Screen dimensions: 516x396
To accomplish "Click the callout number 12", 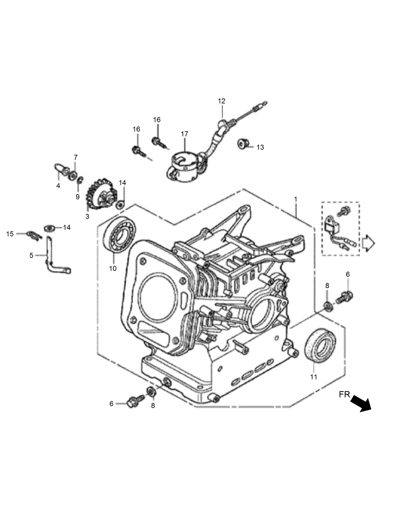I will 222,101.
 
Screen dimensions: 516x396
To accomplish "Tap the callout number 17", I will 184,134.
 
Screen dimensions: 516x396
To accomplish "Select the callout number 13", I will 260,147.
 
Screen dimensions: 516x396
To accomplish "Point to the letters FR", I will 344,394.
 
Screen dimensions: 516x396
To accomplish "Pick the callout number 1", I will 295,199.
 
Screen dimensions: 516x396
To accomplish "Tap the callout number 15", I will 10,234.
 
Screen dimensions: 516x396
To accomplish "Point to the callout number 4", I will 58,186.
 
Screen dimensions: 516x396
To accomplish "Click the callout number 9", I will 77,197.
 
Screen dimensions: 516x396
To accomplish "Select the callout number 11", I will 314,377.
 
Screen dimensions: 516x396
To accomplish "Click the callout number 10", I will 113,269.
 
